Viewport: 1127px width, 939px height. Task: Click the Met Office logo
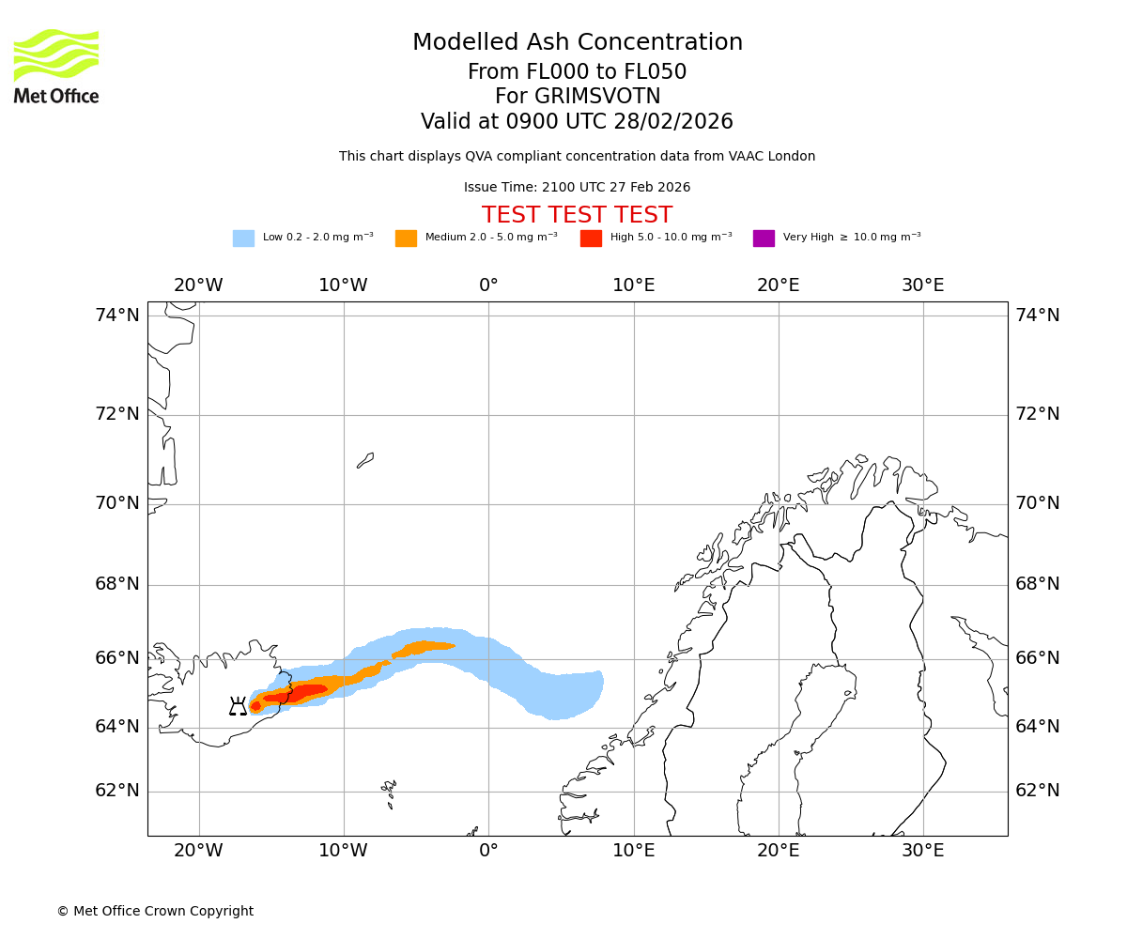tap(56, 67)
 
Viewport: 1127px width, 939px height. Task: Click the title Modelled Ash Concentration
tap(578, 43)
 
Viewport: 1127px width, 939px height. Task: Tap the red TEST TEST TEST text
tap(577, 215)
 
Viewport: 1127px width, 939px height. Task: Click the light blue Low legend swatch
tap(243, 239)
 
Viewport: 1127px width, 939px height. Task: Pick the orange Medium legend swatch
tap(406, 239)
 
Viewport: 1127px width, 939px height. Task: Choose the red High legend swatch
tap(591, 239)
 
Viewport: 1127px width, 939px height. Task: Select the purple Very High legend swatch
tap(764, 239)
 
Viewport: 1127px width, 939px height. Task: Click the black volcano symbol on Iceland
tap(238, 707)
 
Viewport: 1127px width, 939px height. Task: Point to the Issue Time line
tap(577, 188)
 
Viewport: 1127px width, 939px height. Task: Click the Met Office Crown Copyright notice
tap(155, 911)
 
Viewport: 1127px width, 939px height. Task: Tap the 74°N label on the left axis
tap(117, 316)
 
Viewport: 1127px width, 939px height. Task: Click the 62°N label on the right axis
tap(1037, 791)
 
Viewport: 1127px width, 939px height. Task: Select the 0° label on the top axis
tap(488, 285)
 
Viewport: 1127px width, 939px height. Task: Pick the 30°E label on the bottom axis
tap(923, 851)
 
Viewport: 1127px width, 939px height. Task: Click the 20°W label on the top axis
tap(198, 285)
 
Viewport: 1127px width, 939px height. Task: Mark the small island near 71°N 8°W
tap(365, 460)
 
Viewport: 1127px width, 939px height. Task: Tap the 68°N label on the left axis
tap(117, 584)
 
